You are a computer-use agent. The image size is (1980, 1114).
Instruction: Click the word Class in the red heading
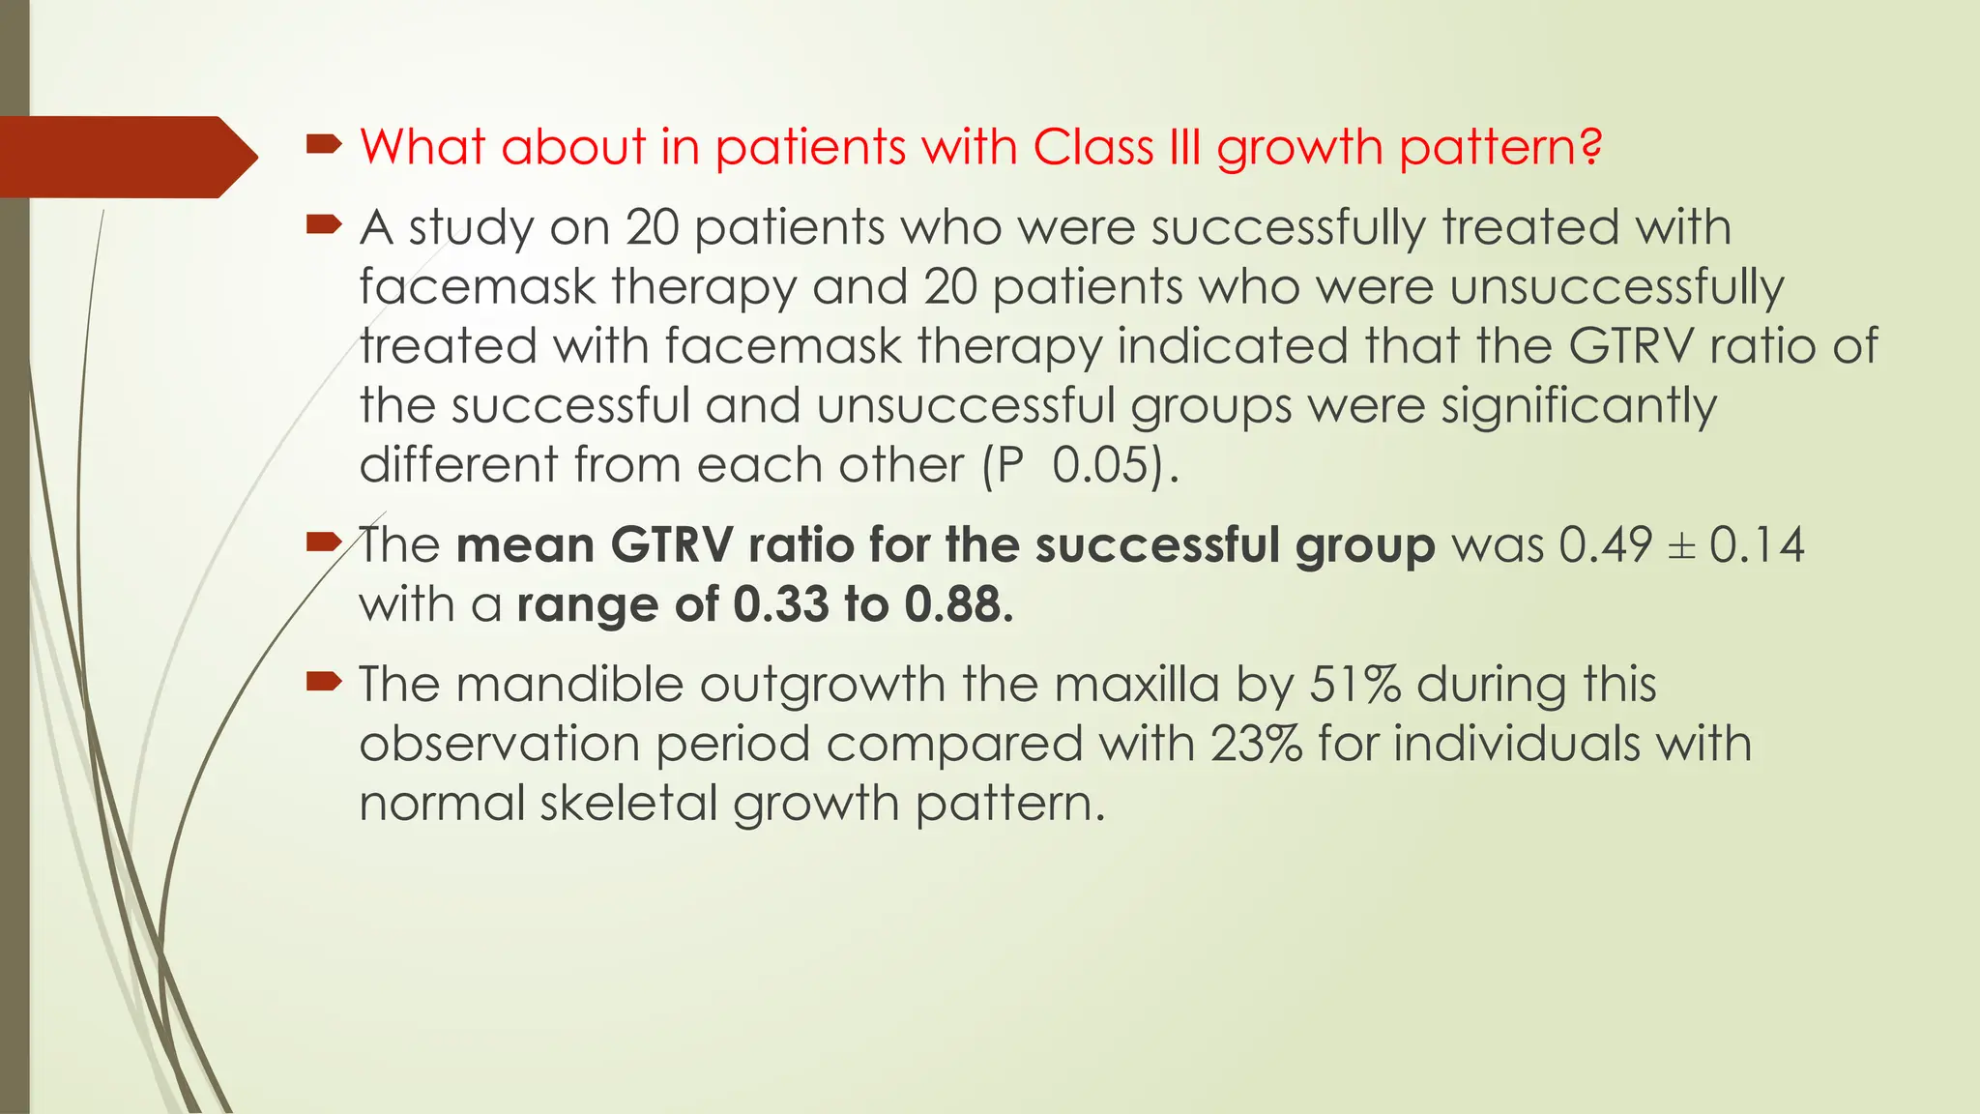tap(1092, 147)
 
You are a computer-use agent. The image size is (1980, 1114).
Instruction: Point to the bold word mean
tap(525, 544)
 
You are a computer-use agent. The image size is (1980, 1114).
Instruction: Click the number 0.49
tap(1605, 544)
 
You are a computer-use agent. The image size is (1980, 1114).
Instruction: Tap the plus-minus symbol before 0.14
tap(1682, 546)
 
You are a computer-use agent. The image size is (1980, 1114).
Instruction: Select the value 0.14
tap(1757, 544)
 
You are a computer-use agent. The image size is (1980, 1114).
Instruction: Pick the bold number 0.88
tap(957, 604)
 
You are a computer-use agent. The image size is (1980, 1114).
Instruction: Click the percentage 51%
tap(1354, 684)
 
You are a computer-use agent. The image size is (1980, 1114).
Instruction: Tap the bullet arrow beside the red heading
tap(324, 146)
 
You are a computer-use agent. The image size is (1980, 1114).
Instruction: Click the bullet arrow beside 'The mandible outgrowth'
tap(324, 683)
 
